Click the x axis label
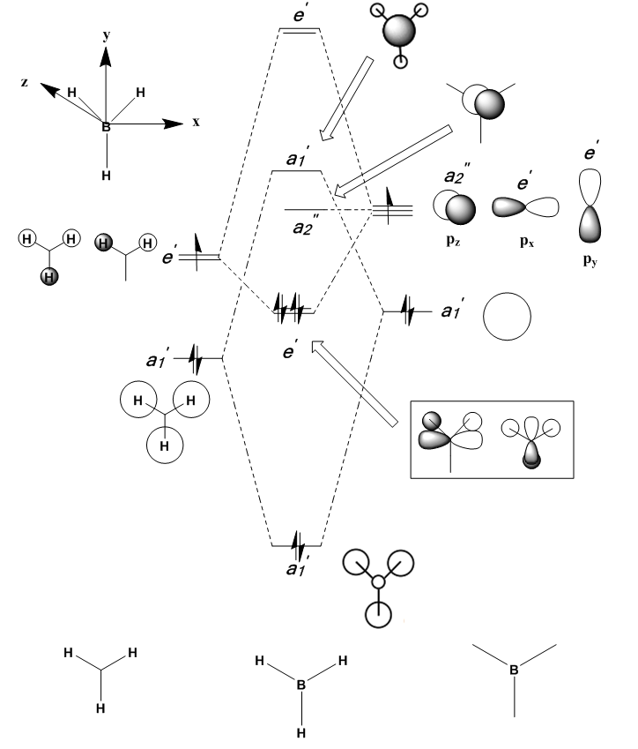click(x=196, y=123)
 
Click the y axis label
click(x=107, y=35)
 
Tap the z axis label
click(x=25, y=82)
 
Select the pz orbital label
click(x=453, y=240)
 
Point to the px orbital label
click(x=527, y=241)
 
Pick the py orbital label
click(x=590, y=260)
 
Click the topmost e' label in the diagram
click(x=300, y=14)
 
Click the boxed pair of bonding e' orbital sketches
click(x=492, y=439)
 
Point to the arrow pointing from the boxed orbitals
click(x=354, y=383)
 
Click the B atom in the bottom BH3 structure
click(x=301, y=685)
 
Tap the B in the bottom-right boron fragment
click(x=514, y=670)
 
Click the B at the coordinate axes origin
click(x=106, y=126)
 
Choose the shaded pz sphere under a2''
click(x=461, y=209)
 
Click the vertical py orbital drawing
click(x=590, y=206)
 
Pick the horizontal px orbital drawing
click(x=525, y=206)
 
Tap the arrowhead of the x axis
click(x=174, y=124)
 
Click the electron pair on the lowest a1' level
click(x=298, y=545)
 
